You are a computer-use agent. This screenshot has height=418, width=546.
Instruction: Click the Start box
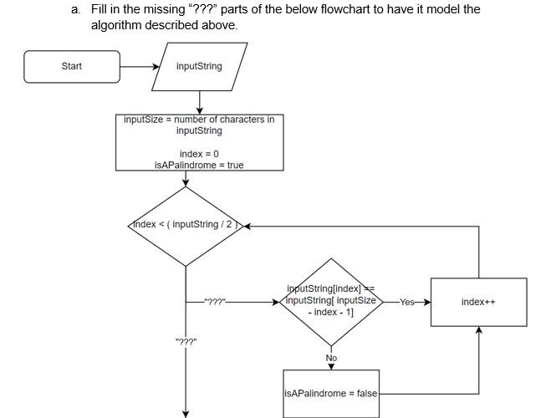coord(72,67)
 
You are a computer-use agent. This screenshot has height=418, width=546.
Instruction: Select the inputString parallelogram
coord(199,67)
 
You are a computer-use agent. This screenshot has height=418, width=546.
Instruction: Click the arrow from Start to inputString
coord(139,67)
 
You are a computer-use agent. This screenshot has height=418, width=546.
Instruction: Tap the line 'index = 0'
coord(199,154)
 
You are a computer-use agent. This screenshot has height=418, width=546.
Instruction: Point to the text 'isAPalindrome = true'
coord(199,166)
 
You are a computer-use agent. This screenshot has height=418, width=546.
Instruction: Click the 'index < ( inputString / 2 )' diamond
coord(186,225)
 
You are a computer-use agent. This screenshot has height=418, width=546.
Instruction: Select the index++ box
coord(478,302)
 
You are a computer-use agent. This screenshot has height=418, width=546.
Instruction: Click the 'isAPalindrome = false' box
coord(331,393)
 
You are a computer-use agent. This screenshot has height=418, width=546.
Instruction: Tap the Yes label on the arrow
coord(406,302)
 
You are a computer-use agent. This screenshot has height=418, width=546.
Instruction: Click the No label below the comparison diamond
coord(331,358)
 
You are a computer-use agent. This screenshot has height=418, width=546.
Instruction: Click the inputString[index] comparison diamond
coord(331,301)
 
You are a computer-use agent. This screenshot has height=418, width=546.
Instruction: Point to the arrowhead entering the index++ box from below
coord(478,330)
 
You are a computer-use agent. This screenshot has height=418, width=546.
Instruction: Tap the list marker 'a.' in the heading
coord(76,9)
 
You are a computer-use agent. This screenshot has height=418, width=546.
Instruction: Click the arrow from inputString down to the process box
coord(199,102)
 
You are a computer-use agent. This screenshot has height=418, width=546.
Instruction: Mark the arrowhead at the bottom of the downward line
coord(186,411)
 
